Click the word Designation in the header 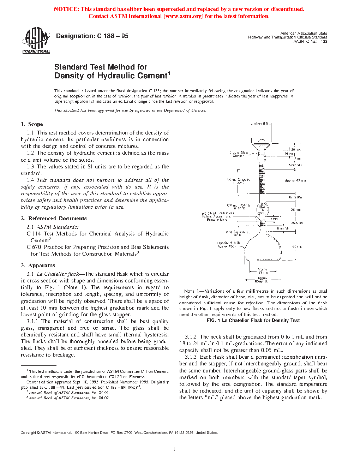click(x=75, y=36)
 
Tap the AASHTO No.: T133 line click(x=310, y=41)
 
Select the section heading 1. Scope click(x=32, y=124)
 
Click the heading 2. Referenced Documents click(x=54, y=219)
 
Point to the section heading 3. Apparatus click(x=38, y=265)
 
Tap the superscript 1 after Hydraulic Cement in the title click(x=169, y=73)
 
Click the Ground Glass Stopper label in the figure click(x=239, y=154)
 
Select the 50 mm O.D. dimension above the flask click(x=261, y=124)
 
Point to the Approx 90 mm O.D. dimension click(x=262, y=280)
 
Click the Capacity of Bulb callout click(x=228, y=245)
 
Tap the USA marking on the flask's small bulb click(x=262, y=207)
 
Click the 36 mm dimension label click(x=295, y=210)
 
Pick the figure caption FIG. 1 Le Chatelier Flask click(x=253, y=321)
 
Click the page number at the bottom click(x=174, y=449)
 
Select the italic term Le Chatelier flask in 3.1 click(x=58, y=274)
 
